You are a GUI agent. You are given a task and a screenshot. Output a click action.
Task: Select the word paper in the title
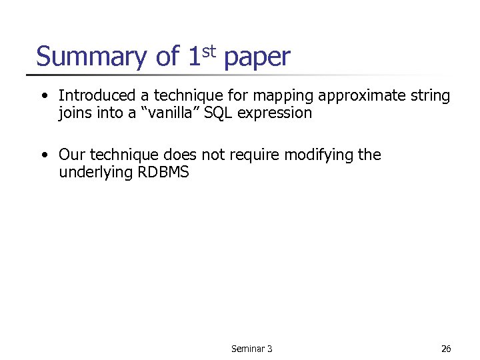pyautogui.click(x=257, y=59)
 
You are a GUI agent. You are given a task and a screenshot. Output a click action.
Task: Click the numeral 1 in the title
pyautogui.click(x=193, y=57)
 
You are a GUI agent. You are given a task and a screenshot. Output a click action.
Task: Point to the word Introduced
pyautogui.click(x=96, y=96)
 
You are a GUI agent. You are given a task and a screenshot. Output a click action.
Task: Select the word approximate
pyautogui.click(x=348, y=97)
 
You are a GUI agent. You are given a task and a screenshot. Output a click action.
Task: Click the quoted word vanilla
pyautogui.click(x=169, y=113)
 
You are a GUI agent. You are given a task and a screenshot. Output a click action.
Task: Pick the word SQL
pyautogui.click(x=219, y=113)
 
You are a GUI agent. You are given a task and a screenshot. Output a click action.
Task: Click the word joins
pyautogui.click(x=75, y=114)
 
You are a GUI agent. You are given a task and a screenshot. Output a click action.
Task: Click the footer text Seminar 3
pyautogui.click(x=251, y=349)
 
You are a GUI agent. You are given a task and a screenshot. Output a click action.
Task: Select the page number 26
pyautogui.click(x=446, y=349)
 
